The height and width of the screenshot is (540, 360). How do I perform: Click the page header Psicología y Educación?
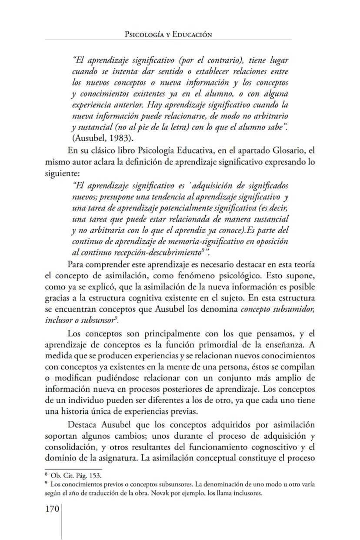[x=168, y=34]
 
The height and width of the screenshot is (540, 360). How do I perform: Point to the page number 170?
[x=53, y=508]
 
